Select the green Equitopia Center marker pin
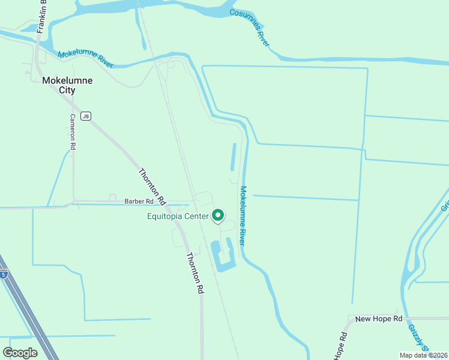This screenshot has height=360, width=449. point(218,215)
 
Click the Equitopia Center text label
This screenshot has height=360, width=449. point(178,217)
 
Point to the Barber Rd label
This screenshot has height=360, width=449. point(139,202)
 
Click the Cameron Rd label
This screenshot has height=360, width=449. point(73,131)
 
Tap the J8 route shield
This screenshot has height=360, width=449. point(86,116)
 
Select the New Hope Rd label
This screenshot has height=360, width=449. point(378,319)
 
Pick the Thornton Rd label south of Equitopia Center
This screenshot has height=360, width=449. point(194,272)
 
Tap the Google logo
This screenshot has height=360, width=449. point(20,353)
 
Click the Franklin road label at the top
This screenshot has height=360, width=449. point(41,16)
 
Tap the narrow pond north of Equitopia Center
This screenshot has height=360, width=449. point(232,156)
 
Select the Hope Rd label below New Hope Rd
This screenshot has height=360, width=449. point(341,347)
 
